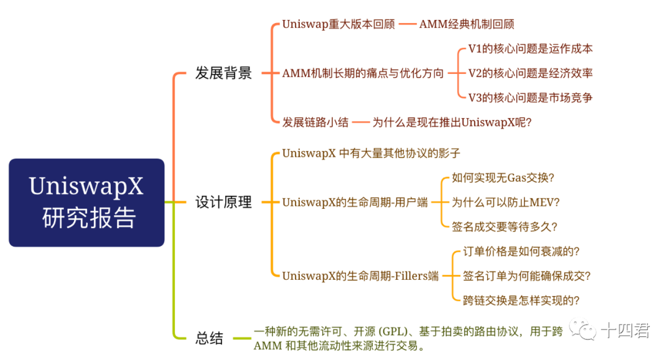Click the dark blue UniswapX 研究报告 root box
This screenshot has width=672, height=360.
(x=86, y=203)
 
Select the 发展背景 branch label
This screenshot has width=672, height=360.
(x=223, y=73)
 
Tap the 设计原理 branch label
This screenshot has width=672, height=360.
(x=223, y=202)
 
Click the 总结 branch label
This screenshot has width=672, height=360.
(x=209, y=338)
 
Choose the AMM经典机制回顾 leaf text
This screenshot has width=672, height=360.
(x=467, y=25)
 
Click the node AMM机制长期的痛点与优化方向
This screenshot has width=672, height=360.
(x=363, y=73)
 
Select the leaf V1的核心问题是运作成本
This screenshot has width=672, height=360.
(x=530, y=49)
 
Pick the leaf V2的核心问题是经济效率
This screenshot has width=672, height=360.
(x=530, y=73)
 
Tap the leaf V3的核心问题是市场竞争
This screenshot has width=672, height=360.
(x=530, y=98)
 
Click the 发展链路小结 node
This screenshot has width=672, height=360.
(x=315, y=122)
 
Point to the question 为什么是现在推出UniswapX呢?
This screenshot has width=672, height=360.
(x=452, y=122)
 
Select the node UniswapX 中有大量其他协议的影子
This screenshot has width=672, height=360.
(x=371, y=153)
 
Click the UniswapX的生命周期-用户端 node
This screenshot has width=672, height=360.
(x=355, y=202)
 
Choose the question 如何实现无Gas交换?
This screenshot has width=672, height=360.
(x=503, y=178)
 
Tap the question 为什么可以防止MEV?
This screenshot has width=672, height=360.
(x=505, y=202)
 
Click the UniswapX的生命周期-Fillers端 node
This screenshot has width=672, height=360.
(x=360, y=275)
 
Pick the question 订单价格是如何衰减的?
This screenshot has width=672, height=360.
(x=521, y=251)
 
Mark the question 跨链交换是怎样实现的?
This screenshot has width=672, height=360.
(x=521, y=300)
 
